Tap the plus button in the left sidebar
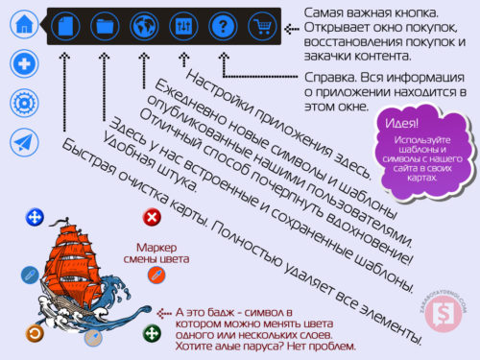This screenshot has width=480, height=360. tap(24, 64)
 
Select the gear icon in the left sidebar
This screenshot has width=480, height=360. tap(24, 103)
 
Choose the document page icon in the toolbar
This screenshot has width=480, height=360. tap(64, 24)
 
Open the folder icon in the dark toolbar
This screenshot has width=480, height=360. tap(105, 24)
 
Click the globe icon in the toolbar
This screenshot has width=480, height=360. tap(144, 24)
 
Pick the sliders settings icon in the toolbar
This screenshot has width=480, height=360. tap(183, 24)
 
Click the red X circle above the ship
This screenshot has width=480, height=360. tap(151, 217)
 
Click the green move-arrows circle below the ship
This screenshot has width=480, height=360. tap(151, 334)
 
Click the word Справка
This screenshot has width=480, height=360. tap(326, 75)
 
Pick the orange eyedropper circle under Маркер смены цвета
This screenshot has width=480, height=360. tap(151, 276)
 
